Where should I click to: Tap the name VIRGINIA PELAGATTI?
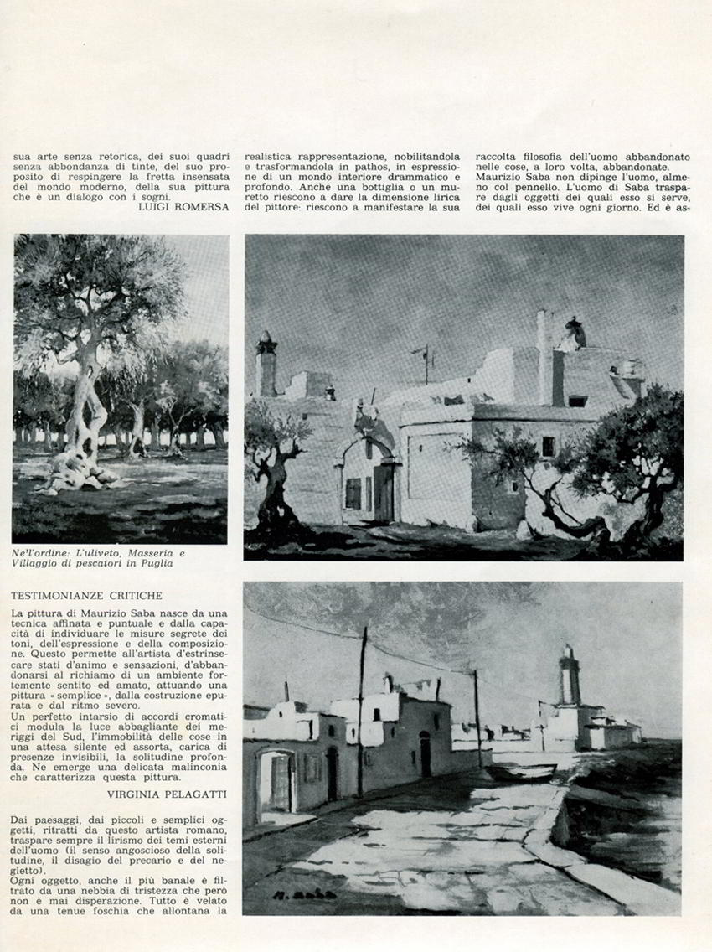tap(168, 792)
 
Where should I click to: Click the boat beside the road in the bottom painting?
tap(520, 771)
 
